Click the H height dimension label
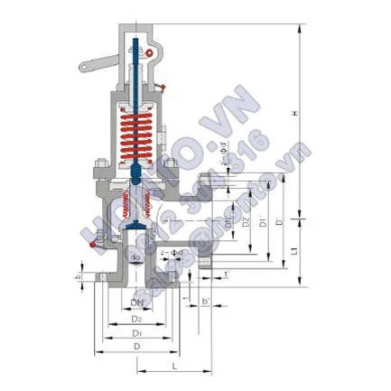[x=309, y=112]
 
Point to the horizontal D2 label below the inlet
[x=135, y=318]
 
